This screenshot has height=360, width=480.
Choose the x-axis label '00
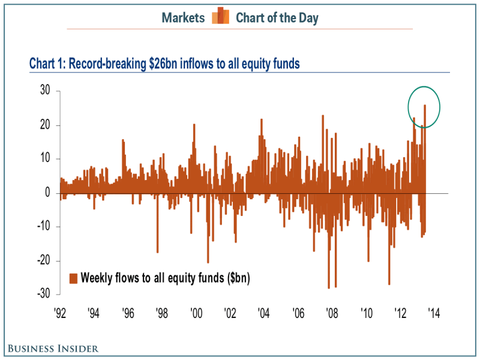pyautogui.click(x=196, y=313)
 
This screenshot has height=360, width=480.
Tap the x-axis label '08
pyautogui.click(x=331, y=313)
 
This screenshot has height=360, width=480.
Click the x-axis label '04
pyautogui.click(x=263, y=313)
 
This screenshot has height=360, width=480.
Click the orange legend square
pyautogui.click(x=74, y=278)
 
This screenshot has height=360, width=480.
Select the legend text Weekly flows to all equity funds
pyautogui.click(x=165, y=278)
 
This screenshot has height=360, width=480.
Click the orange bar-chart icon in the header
pyautogui.click(x=220, y=16)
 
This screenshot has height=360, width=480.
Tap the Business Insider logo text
pyautogui.click(x=53, y=348)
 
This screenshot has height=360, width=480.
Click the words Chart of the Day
pyautogui.click(x=277, y=17)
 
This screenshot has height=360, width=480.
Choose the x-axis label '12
pyautogui.click(x=400, y=313)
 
